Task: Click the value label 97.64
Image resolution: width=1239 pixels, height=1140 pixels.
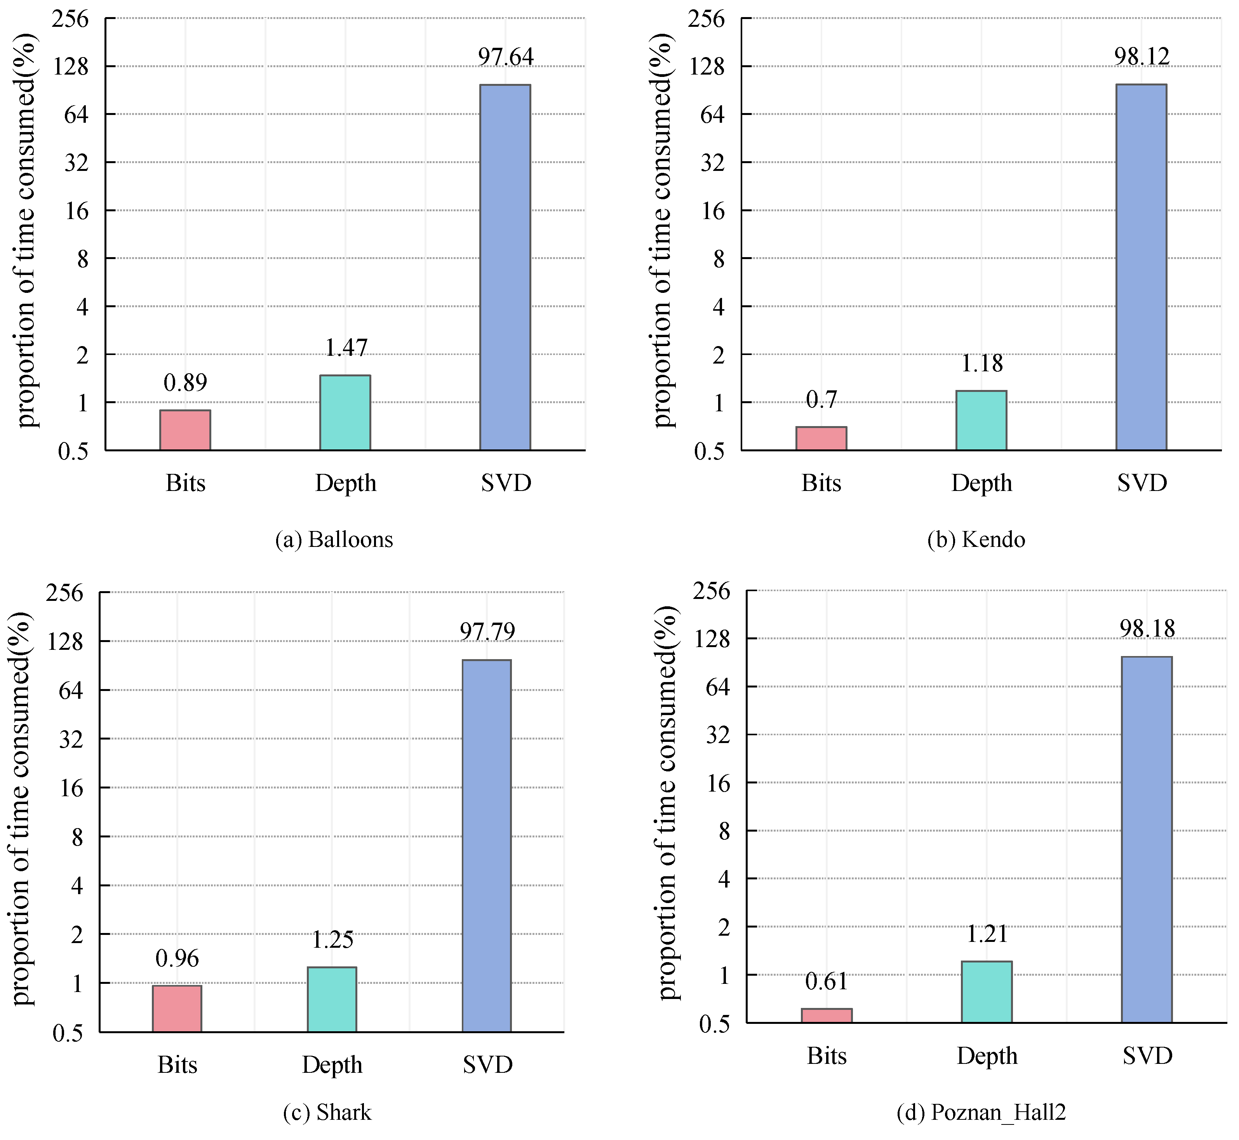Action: pos(506,57)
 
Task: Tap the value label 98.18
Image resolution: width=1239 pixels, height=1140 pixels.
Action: pos(1147,628)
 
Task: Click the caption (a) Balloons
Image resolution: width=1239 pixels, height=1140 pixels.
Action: pos(334,540)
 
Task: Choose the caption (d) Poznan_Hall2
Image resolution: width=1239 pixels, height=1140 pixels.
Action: pos(981,1112)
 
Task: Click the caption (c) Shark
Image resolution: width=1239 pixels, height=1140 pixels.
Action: pos(327,1112)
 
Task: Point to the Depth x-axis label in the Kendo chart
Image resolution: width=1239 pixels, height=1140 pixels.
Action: pos(981,483)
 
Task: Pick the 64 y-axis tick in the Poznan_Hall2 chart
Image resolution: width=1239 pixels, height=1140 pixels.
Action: pos(717,687)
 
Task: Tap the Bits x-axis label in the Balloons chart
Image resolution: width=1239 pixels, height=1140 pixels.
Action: pos(185,483)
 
